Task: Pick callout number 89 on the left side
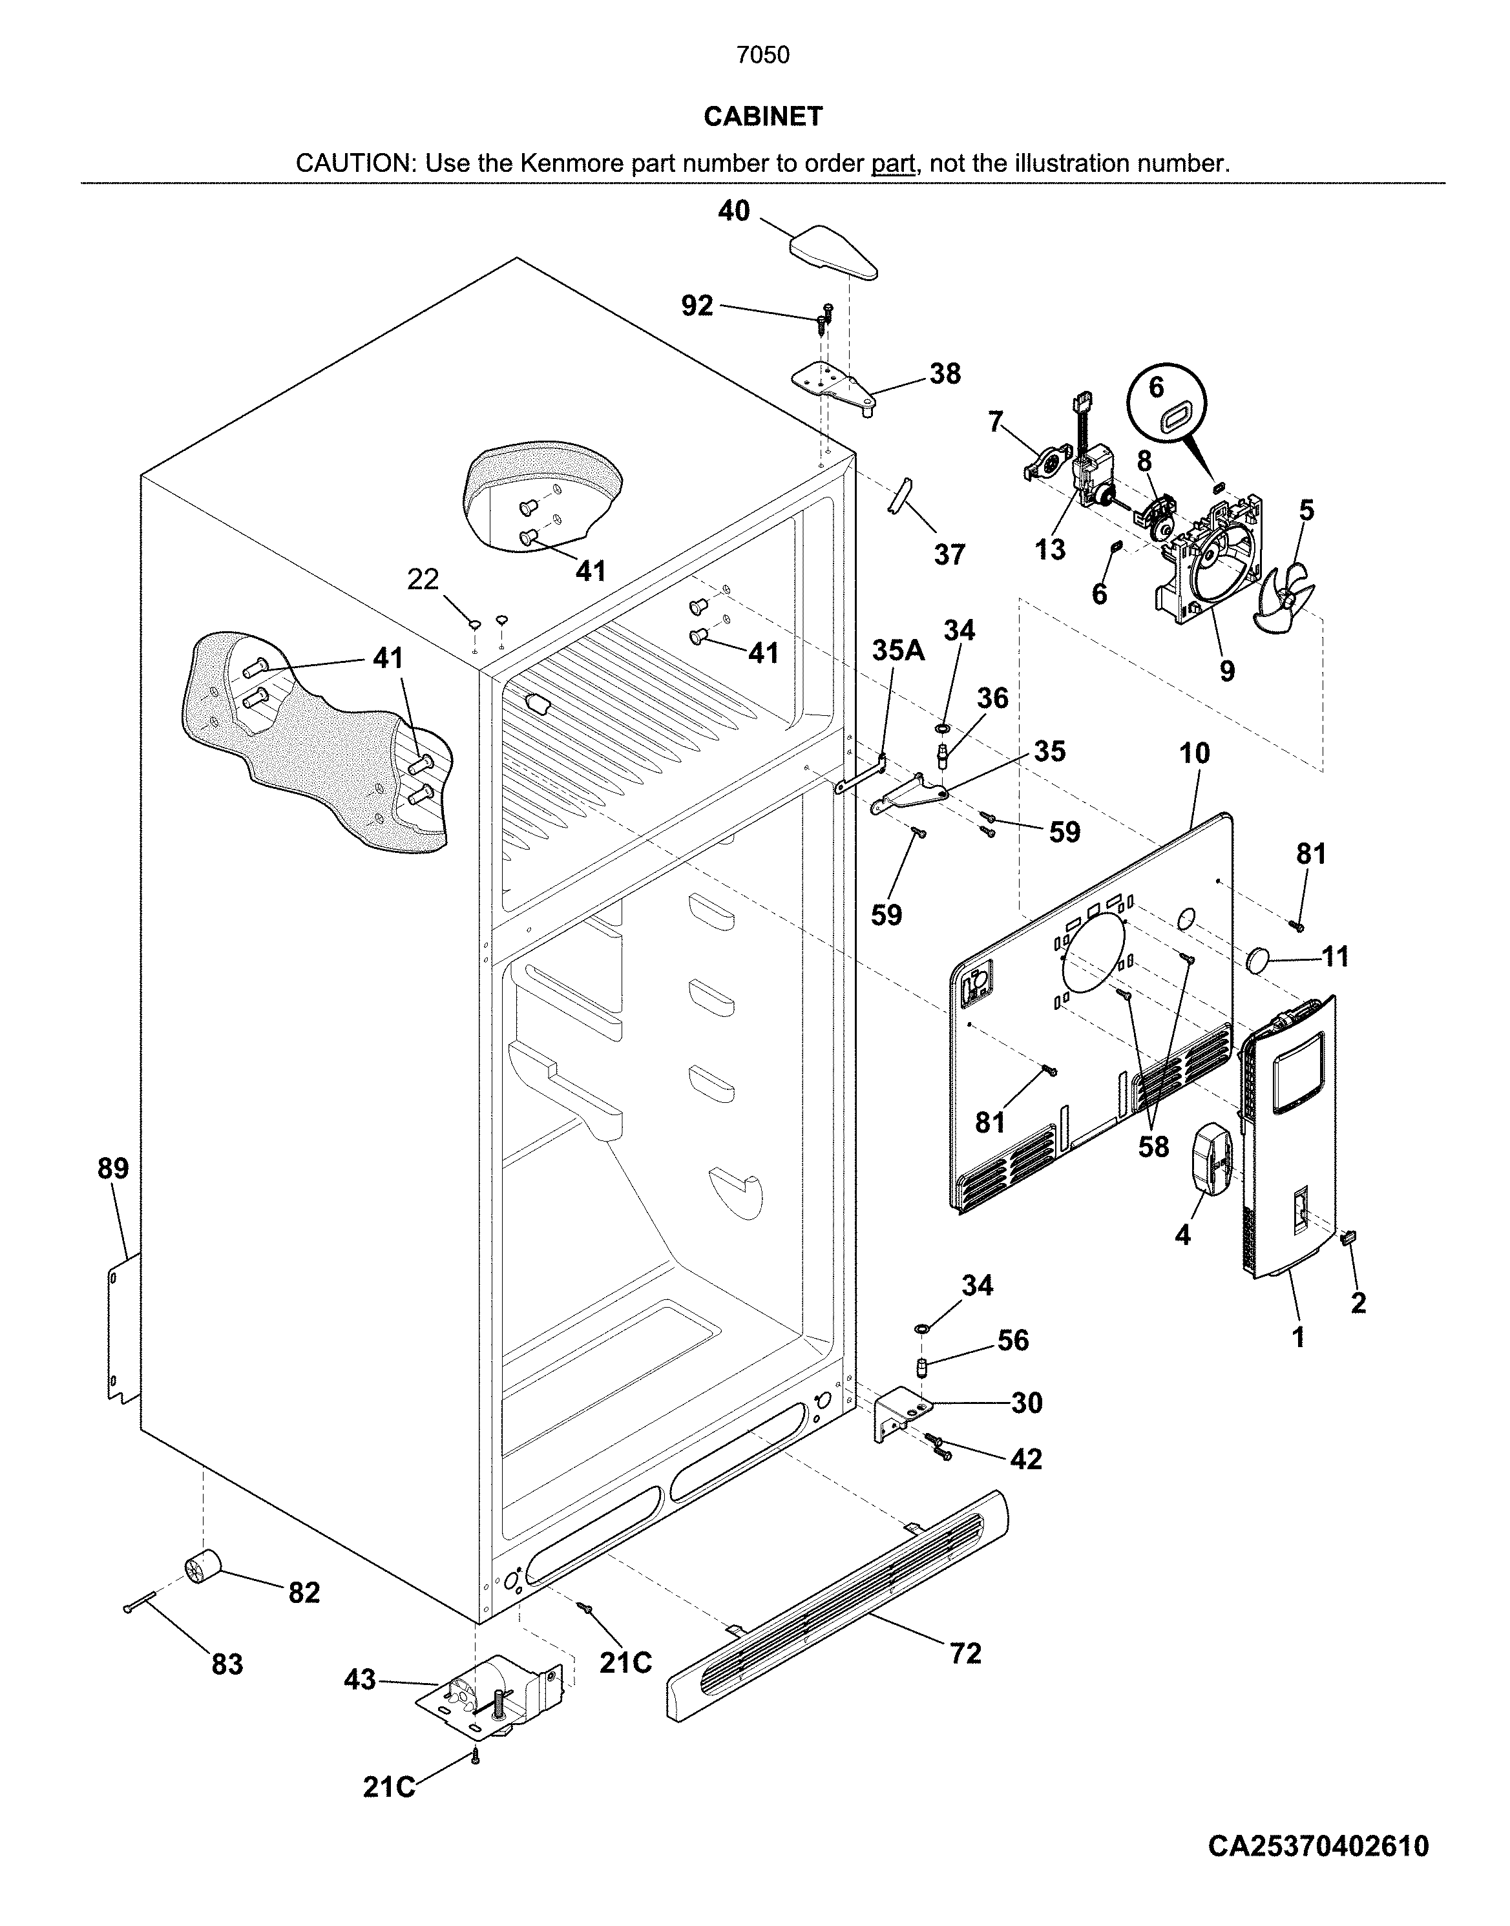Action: pyautogui.click(x=113, y=1169)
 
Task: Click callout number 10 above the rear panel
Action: pyautogui.click(x=1195, y=754)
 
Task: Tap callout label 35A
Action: pyautogui.click(x=898, y=651)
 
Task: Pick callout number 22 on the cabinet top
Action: pyautogui.click(x=423, y=580)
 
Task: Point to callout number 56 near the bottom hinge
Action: pyautogui.click(x=1012, y=1340)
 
